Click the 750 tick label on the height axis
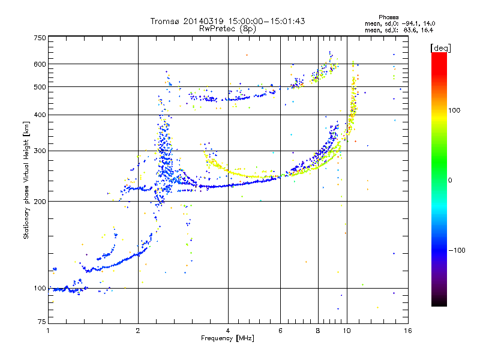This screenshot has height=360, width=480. [x=40, y=37]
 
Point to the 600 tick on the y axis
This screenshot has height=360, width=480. [x=40, y=64]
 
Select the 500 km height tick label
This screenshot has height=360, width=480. [x=40, y=86]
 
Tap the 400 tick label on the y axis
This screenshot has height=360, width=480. [x=40, y=115]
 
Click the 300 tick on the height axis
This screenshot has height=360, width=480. [x=40, y=151]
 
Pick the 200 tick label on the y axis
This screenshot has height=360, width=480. [x=40, y=201]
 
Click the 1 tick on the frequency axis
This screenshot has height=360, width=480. [x=48, y=331]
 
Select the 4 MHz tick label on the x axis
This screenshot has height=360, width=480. [x=228, y=331]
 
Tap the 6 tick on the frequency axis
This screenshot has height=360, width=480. [x=281, y=331]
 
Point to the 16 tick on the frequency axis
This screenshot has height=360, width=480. [x=407, y=331]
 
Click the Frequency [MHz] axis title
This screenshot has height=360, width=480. [x=227, y=339]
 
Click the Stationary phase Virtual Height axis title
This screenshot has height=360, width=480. [x=26, y=180]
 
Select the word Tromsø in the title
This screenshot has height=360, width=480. [x=166, y=21]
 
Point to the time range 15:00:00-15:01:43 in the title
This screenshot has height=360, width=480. [x=265, y=21]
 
